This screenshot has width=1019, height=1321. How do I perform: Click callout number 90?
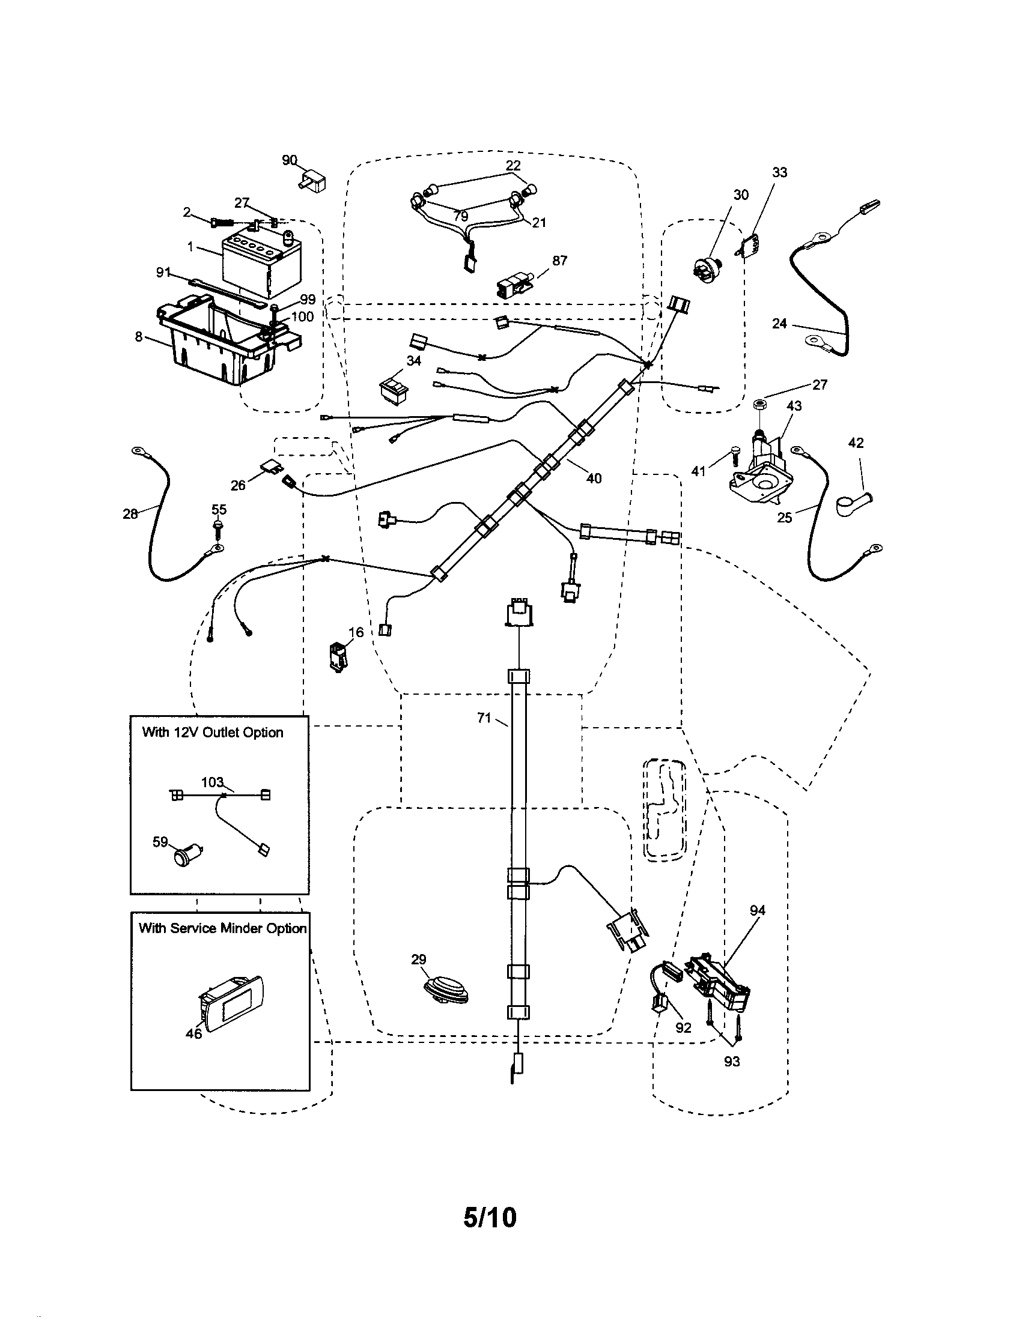[290, 160]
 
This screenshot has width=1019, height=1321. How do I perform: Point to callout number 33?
[780, 173]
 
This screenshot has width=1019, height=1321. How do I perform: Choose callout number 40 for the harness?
[594, 479]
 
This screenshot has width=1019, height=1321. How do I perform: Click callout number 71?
[484, 718]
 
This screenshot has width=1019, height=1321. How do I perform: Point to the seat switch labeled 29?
[446, 993]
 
